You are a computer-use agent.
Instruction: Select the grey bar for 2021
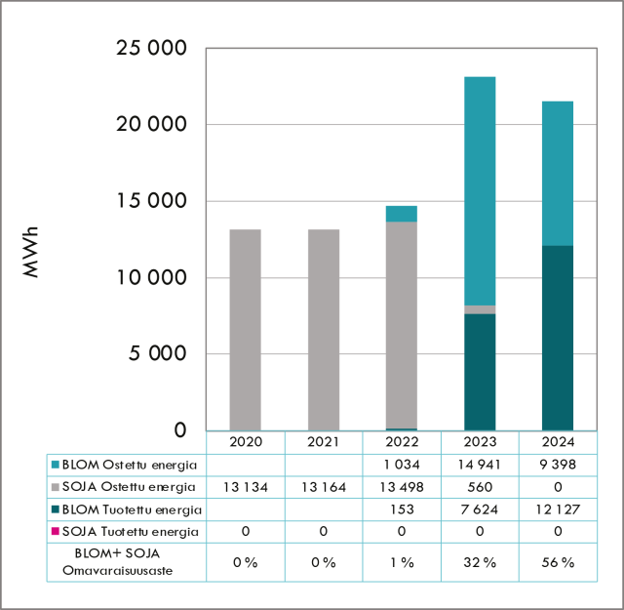(324, 329)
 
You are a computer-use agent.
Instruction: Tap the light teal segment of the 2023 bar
(480, 190)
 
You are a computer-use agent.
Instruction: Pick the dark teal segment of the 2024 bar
(558, 337)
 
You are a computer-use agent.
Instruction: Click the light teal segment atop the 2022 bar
(402, 214)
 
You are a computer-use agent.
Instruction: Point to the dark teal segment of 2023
(480, 371)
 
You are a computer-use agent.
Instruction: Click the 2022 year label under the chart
(402, 442)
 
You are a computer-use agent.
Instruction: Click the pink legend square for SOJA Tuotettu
(55, 532)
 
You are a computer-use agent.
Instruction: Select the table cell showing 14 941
(480, 464)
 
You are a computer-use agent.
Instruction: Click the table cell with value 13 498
(402, 486)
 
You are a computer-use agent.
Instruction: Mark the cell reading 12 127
(558, 508)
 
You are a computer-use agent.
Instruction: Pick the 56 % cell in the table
(558, 562)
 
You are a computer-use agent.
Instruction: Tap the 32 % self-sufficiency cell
(480, 562)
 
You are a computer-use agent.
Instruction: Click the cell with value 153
(402, 508)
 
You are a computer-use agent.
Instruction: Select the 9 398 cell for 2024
(558, 464)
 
